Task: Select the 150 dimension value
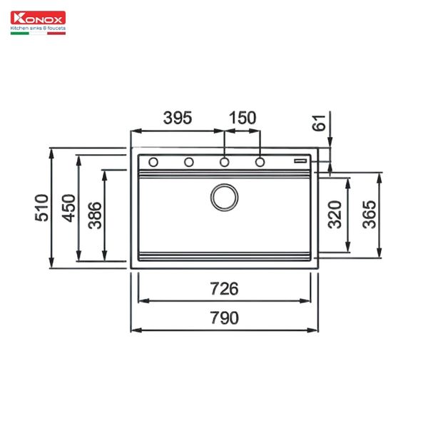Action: [x=243, y=118]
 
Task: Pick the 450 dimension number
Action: [x=68, y=208]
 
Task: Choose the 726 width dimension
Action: [x=224, y=289]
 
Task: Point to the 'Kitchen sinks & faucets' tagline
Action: [x=37, y=30]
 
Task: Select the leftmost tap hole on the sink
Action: [x=153, y=162]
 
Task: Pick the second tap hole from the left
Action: [x=189, y=162]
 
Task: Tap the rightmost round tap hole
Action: [x=260, y=162]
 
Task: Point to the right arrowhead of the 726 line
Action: [x=307, y=301]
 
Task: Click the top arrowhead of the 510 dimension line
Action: [x=52, y=152]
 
